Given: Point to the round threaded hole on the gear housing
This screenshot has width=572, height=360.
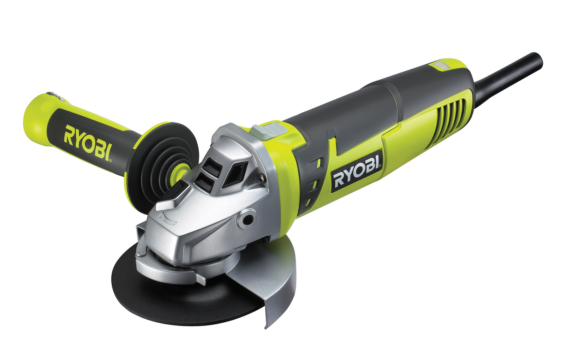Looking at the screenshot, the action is pos(246,218).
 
